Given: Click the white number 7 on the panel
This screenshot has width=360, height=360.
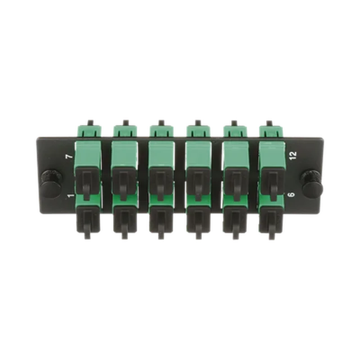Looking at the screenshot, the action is [x=70, y=157].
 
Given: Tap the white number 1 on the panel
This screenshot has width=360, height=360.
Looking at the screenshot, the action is [x=71, y=196].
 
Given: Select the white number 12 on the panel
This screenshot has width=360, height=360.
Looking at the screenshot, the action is [x=294, y=155].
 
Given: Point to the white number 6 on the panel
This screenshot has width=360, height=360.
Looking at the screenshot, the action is [x=291, y=194].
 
